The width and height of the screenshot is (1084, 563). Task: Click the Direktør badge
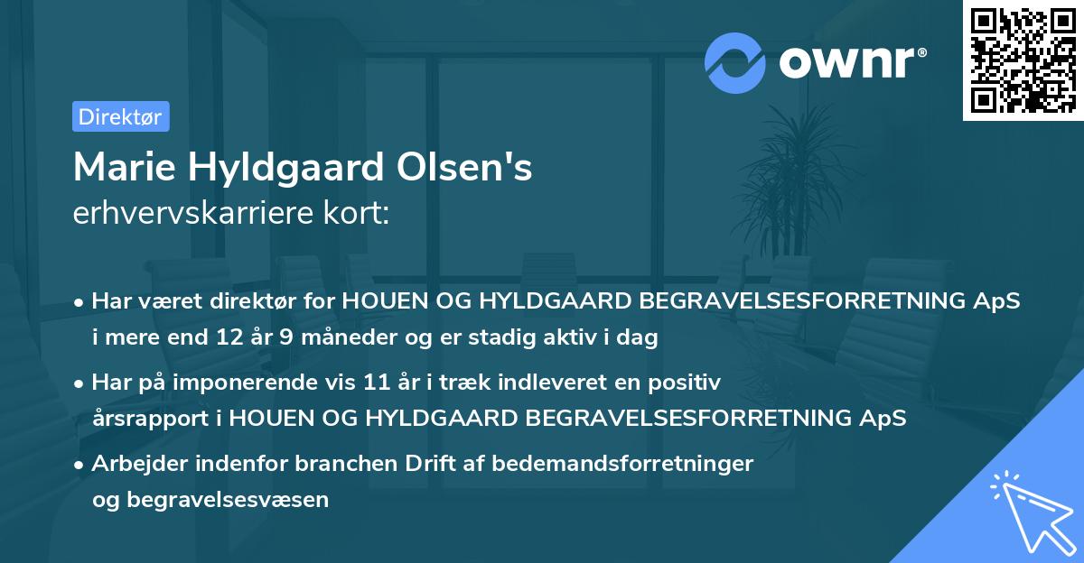coord(120,116)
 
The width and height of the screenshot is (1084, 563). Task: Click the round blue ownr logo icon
coord(735,63)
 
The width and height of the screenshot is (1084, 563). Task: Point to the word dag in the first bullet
coord(640,338)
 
